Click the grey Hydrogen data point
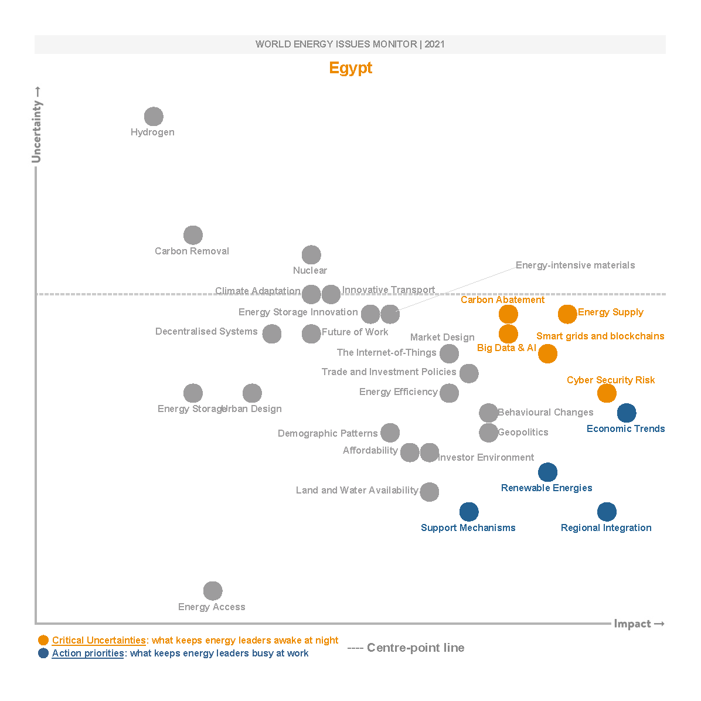(x=154, y=117)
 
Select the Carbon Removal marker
(x=193, y=235)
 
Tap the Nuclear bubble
(x=311, y=255)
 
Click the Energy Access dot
(x=213, y=591)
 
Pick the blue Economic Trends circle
(x=627, y=413)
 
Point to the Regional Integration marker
(x=607, y=512)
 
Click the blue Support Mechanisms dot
(x=469, y=512)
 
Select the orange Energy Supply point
(x=567, y=314)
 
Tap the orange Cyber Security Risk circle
(x=607, y=393)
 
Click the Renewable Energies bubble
(x=547, y=472)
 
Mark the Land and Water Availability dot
(x=430, y=492)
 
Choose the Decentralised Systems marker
(x=271, y=334)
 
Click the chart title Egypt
(x=350, y=68)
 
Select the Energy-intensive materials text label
(x=575, y=266)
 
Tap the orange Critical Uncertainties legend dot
(x=43, y=640)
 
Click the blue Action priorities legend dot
(x=43, y=653)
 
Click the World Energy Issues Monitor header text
(x=350, y=45)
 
